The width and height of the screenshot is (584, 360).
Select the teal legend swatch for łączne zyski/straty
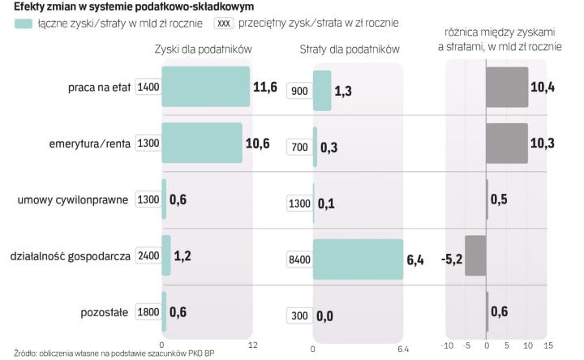(24, 24)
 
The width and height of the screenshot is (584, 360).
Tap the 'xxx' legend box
(224, 24)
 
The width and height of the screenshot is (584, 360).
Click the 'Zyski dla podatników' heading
(204, 49)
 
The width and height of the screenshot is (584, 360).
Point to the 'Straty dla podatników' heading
(350, 49)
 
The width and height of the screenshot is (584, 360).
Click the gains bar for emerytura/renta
(202, 143)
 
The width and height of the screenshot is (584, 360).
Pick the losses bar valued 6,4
(358, 259)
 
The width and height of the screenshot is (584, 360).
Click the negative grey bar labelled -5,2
(475, 256)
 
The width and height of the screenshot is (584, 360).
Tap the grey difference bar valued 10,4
(507, 87)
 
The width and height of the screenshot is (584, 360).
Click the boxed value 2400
(148, 256)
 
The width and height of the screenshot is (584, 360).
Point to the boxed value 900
(298, 91)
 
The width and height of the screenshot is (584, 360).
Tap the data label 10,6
(258, 144)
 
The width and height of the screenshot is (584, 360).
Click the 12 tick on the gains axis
(252, 346)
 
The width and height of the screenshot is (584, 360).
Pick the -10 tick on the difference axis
(446, 346)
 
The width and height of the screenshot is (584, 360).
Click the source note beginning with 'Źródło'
(109, 354)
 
